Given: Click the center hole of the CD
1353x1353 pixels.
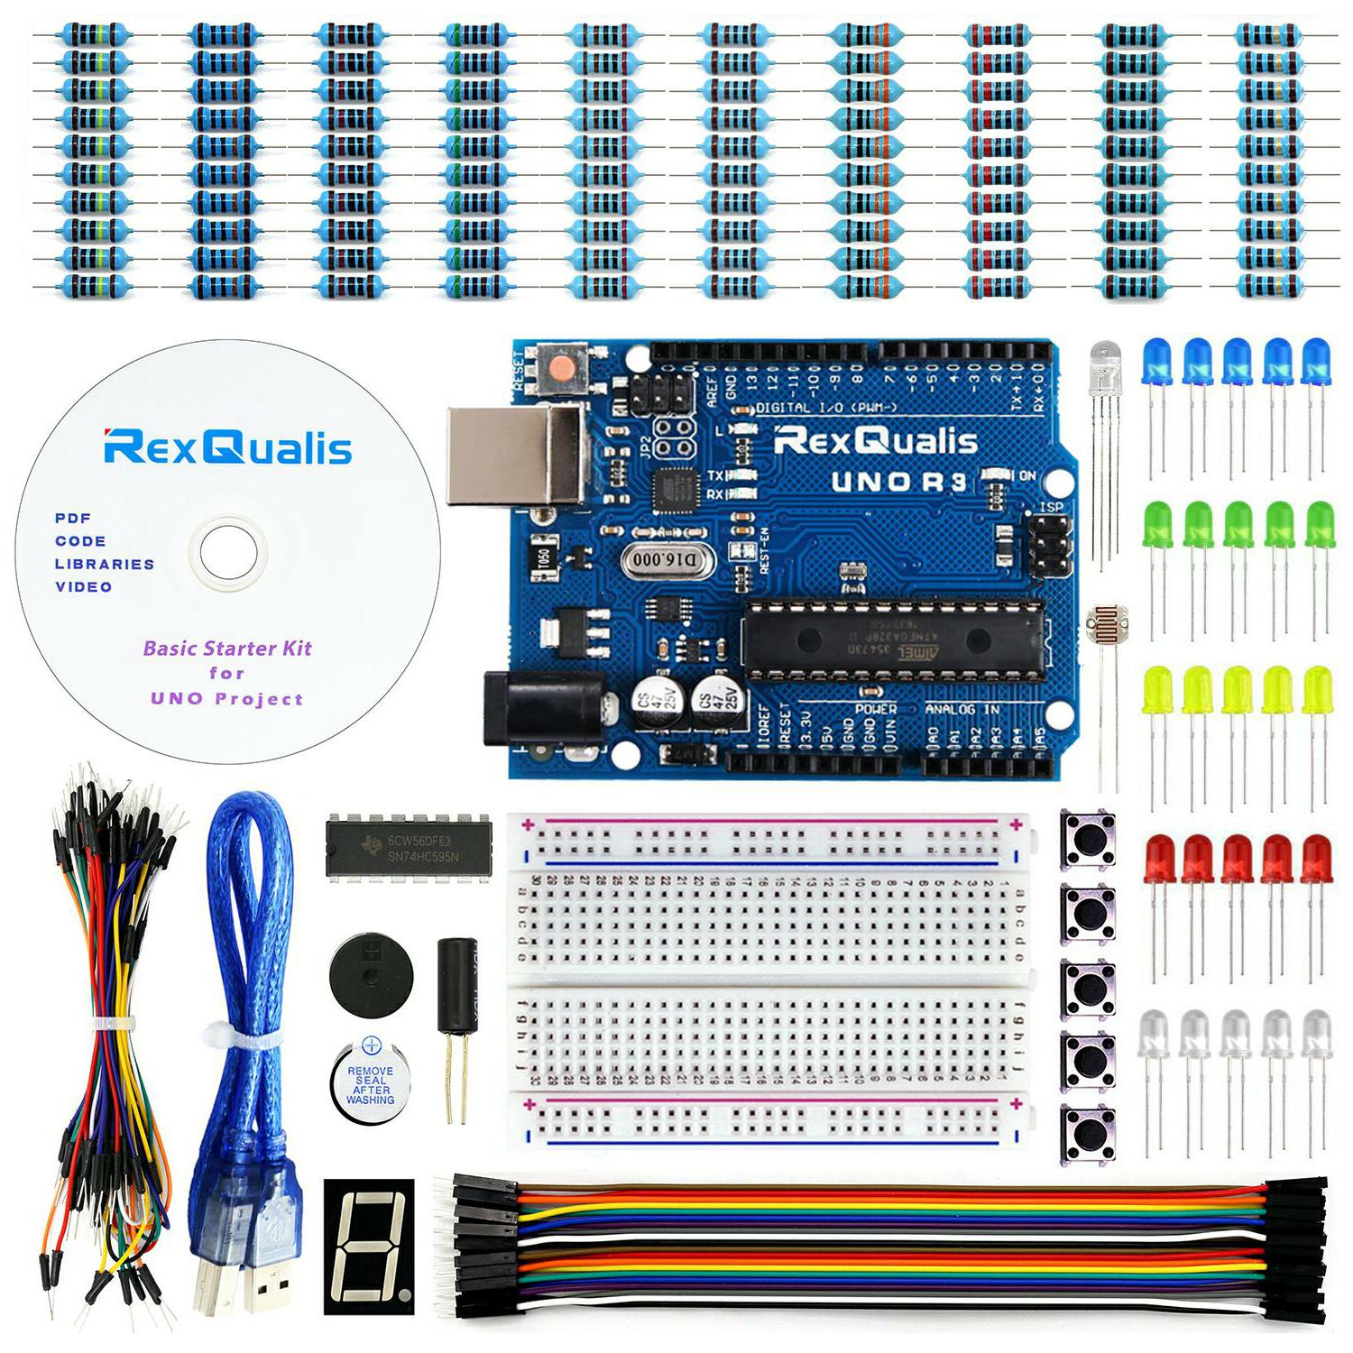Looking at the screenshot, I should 227,551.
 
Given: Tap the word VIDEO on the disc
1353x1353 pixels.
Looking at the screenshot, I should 84,587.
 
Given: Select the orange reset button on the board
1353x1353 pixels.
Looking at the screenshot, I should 563,368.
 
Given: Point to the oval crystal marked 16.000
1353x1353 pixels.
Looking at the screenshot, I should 666,561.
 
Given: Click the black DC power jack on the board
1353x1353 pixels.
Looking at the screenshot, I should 541,711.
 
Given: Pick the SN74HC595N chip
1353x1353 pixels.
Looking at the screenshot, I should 409,848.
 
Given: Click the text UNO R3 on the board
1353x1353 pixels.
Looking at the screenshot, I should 898,482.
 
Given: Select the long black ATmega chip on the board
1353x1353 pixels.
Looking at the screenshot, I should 893,639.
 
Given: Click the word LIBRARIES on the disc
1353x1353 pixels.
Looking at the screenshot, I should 105,565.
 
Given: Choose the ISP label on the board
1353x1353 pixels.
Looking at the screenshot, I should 1051,507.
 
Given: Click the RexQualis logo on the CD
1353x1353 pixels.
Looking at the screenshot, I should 227,446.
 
